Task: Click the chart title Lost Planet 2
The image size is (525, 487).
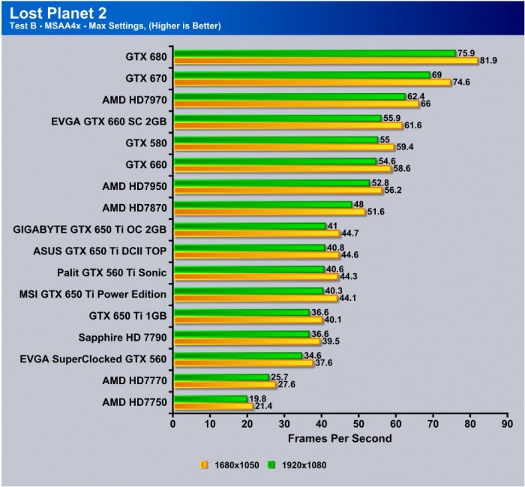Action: click(49, 11)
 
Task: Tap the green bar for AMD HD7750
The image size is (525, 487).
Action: click(210, 398)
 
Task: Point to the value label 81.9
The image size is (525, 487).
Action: click(490, 61)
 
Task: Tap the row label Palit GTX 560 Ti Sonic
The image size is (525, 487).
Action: click(112, 272)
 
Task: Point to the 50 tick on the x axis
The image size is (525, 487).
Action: click(358, 424)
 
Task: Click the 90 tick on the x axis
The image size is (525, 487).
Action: click(507, 424)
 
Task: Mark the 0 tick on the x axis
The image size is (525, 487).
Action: click(173, 424)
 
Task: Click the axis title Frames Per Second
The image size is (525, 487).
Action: click(340, 437)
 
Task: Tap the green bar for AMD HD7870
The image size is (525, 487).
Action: click(262, 204)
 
